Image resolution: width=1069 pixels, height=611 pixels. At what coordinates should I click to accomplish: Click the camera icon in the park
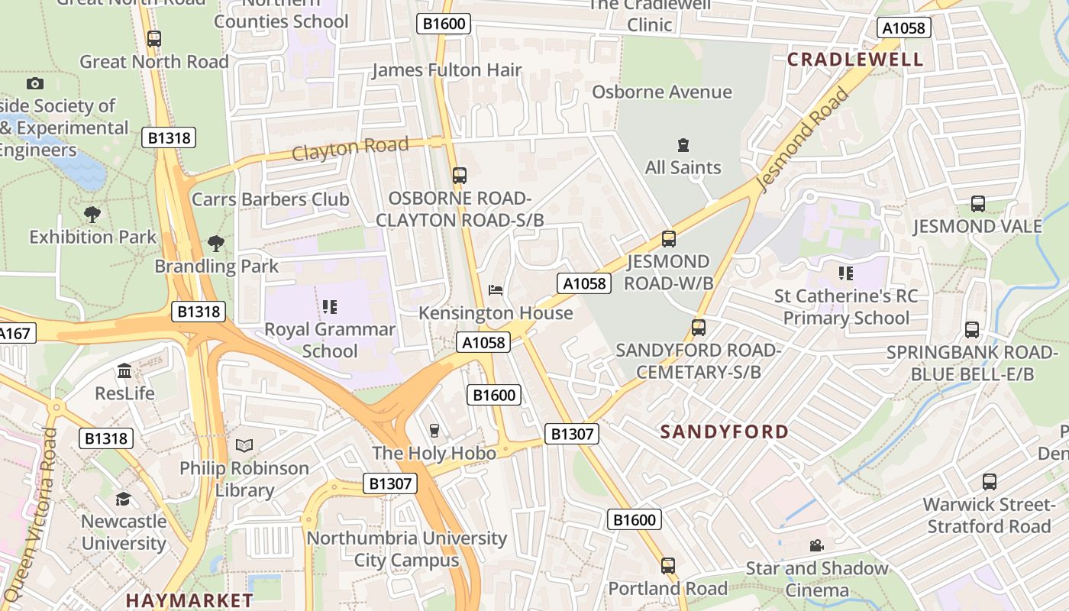(34, 83)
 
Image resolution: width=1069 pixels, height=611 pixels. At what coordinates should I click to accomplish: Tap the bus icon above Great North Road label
(154, 38)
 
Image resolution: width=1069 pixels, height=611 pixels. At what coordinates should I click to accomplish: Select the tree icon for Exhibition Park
(92, 215)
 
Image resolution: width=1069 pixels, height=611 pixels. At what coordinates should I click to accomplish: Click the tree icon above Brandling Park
(216, 244)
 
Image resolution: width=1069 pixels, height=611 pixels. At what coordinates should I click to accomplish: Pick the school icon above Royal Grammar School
(330, 307)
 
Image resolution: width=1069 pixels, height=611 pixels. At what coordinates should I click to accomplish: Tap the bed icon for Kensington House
(496, 290)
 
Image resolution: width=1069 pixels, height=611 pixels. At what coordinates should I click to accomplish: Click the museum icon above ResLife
(124, 371)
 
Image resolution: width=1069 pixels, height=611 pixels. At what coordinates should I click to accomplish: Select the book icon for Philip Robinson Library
(244, 445)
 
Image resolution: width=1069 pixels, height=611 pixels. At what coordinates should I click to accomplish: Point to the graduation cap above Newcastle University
(123, 499)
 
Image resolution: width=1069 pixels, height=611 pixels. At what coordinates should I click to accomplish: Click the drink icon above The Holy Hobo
(434, 431)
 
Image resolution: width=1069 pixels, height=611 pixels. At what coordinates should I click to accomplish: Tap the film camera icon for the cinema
(816, 546)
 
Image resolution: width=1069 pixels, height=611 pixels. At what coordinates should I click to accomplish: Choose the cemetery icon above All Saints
(683, 145)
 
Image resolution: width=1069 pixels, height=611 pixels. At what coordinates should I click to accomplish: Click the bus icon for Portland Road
(668, 566)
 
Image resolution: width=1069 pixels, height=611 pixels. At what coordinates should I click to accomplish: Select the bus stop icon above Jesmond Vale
(977, 204)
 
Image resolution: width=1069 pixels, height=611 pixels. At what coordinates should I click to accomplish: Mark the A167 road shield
(13, 334)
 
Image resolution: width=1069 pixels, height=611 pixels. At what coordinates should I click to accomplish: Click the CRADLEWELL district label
(855, 60)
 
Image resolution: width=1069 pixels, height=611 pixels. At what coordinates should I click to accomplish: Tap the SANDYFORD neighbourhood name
(724, 432)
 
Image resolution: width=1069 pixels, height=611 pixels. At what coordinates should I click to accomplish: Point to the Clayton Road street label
(350, 148)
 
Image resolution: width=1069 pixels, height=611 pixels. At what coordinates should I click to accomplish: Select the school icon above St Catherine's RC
(846, 273)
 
